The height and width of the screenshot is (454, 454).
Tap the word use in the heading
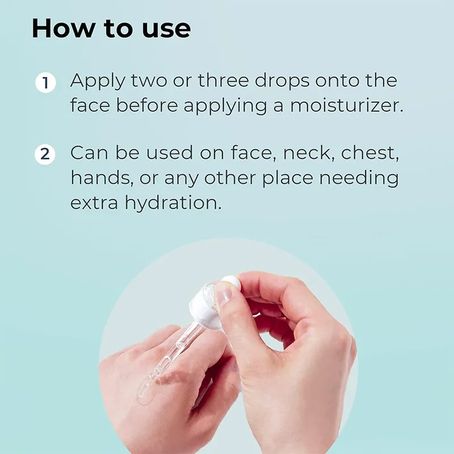coord(166,31)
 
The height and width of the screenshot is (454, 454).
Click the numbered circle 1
coord(45,82)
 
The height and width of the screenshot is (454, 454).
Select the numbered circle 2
coord(45,154)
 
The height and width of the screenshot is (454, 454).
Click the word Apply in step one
coord(98,82)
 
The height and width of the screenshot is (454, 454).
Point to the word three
coord(223,80)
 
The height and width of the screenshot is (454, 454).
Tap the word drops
coord(282,81)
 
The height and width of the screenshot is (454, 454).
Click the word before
coord(147,105)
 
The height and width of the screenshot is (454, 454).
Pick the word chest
coord(370,153)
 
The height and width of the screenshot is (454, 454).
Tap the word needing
coord(359,179)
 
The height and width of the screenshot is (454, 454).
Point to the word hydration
coord(173,203)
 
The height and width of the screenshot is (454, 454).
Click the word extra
coord(94,203)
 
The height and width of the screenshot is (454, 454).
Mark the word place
coord(288,179)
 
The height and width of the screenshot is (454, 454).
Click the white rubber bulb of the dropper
coord(231,282)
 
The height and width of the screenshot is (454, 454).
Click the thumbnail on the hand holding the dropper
coord(223,293)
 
